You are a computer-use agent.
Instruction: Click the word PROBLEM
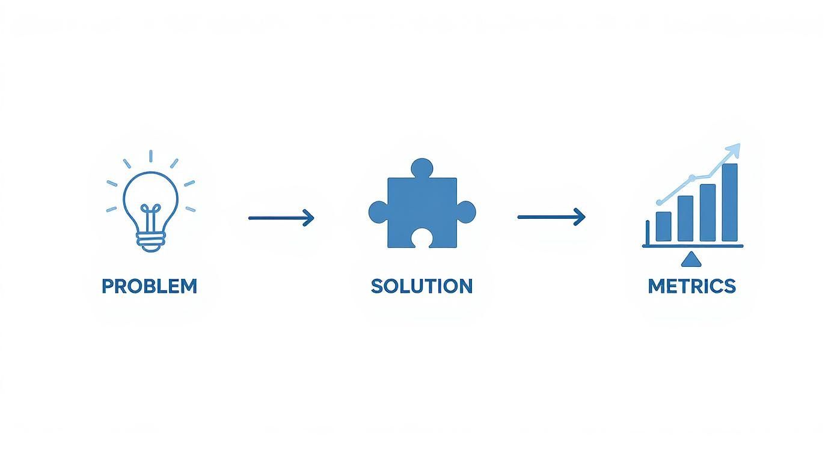click(x=149, y=286)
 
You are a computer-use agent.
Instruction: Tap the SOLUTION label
click(x=422, y=286)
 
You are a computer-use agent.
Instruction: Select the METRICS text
click(x=691, y=286)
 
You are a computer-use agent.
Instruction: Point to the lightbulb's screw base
click(x=150, y=242)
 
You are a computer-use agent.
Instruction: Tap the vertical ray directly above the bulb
click(x=150, y=156)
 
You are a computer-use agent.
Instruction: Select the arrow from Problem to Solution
click(x=281, y=218)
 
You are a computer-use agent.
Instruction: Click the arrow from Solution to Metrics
click(x=551, y=217)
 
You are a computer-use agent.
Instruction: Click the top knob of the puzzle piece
click(x=422, y=168)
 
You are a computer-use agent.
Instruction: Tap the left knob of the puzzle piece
click(x=378, y=212)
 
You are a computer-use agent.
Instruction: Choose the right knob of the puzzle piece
click(x=466, y=212)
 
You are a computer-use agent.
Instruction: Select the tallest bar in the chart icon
click(x=729, y=202)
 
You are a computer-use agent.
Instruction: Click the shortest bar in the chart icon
click(x=663, y=226)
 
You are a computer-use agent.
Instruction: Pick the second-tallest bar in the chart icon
click(x=708, y=212)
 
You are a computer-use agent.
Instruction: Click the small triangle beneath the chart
click(x=692, y=259)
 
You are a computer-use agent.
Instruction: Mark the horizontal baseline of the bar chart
click(x=693, y=246)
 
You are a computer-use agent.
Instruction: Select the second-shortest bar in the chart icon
click(x=685, y=218)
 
